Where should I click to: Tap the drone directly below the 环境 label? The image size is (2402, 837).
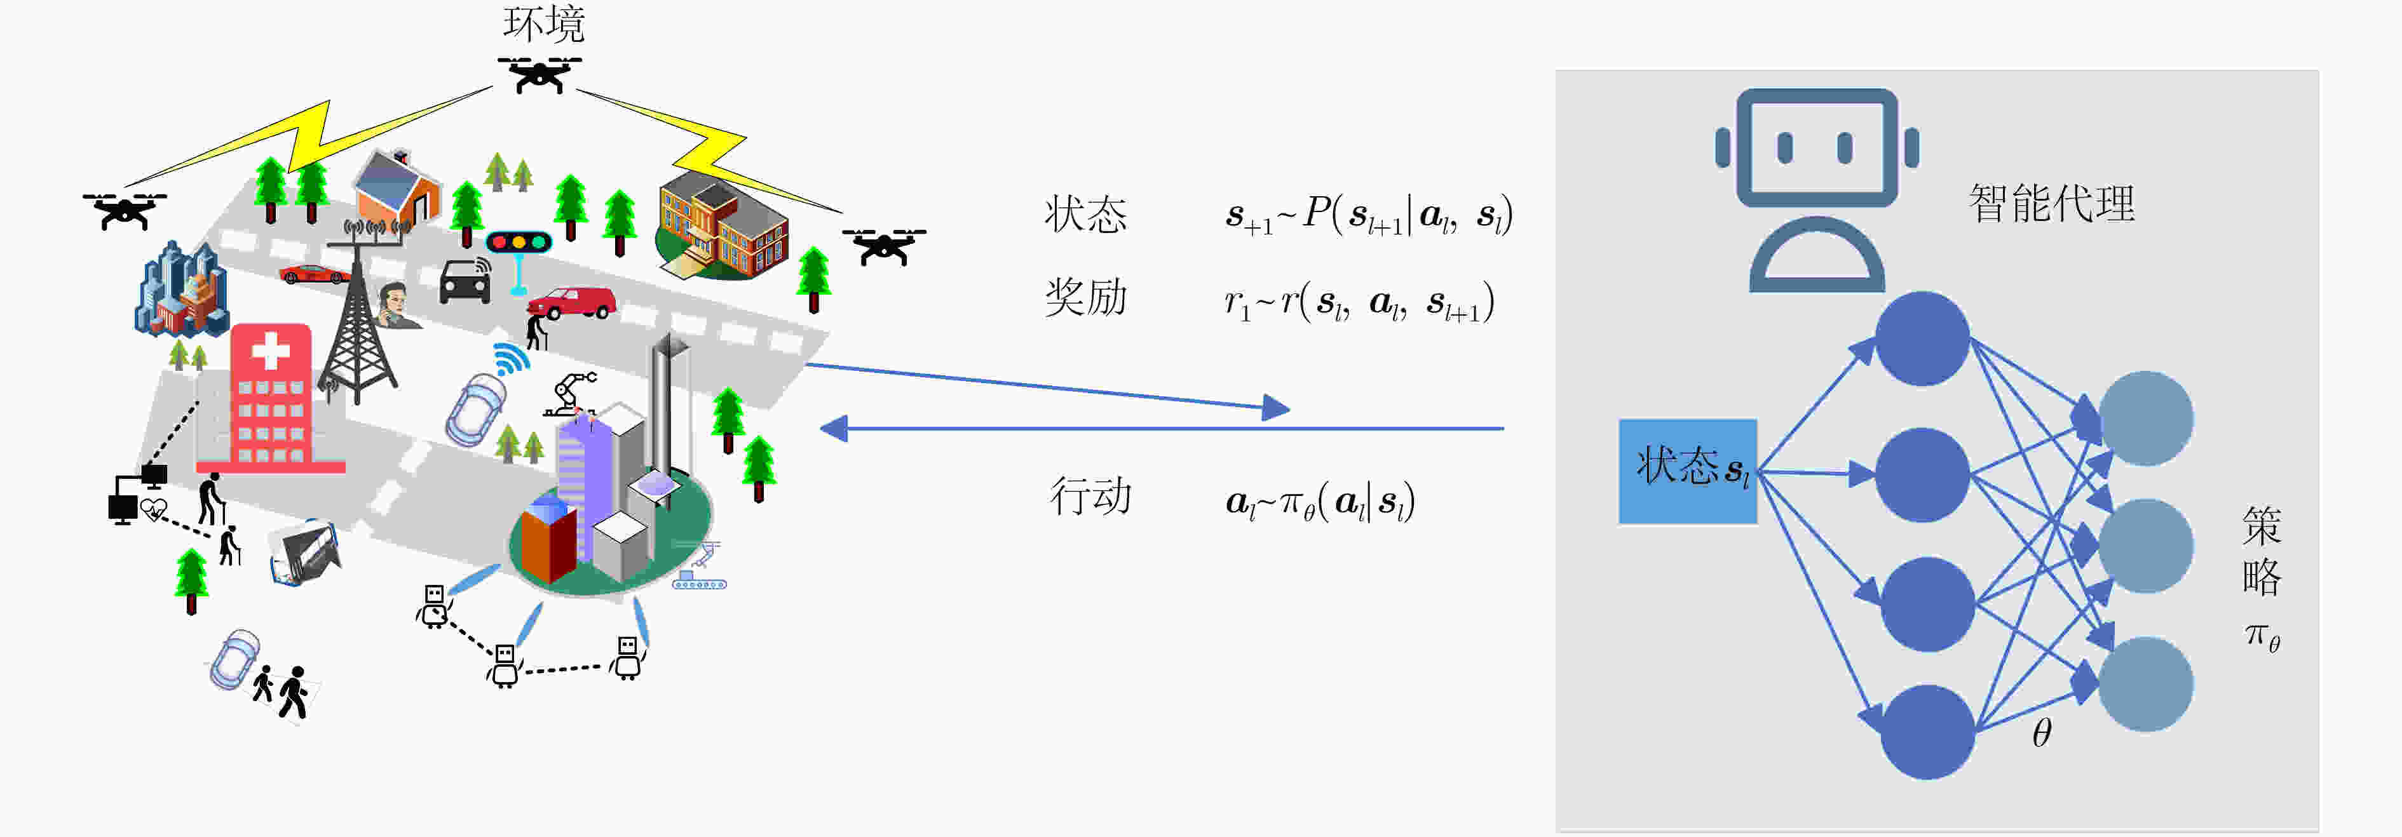coord(539,74)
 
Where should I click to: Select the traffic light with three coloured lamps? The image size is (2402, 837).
coord(519,243)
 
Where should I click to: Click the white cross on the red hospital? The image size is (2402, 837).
coord(271,351)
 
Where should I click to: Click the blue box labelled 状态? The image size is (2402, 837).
coord(1688,471)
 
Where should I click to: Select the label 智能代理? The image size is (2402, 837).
coord(2051,203)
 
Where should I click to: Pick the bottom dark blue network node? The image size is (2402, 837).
coord(1927,732)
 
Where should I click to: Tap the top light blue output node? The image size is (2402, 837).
coord(2145,418)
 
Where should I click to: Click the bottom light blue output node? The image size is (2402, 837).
coord(2145,684)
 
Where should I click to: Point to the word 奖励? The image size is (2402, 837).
coord(1085,297)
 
